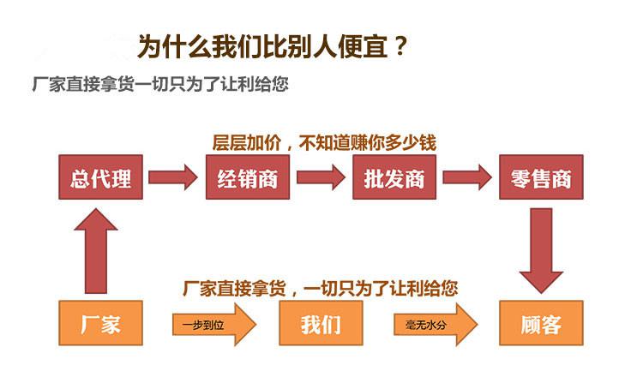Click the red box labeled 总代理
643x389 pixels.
tap(100, 177)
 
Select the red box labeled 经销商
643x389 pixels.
tap(247, 177)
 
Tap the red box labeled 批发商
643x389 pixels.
tap(394, 177)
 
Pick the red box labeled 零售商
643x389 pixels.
tap(541, 177)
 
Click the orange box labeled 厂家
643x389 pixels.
tap(100, 323)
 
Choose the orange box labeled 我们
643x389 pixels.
tap(321, 323)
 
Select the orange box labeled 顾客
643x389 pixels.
tap(541, 323)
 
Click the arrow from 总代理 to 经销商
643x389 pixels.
tap(173, 178)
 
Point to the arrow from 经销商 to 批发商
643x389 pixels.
tap(321, 178)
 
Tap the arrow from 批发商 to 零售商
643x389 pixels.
tap(468, 178)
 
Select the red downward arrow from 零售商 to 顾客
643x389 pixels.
tap(541, 249)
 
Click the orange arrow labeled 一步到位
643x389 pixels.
tap(213, 324)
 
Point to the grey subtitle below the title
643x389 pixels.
tap(159, 86)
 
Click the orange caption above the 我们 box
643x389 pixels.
tap(320, 288)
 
